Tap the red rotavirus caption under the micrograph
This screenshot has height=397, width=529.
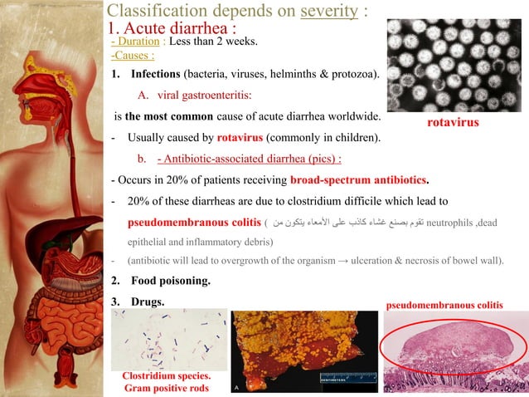pyautogui.click(x=453, y=122)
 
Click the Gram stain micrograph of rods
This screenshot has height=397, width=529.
pyautogui.click(x=168, y=339)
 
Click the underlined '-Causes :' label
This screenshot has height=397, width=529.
pyautogui.click(x=132, y=56)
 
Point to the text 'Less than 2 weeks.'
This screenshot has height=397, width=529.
pyautogui.click(x=216, y=42)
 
